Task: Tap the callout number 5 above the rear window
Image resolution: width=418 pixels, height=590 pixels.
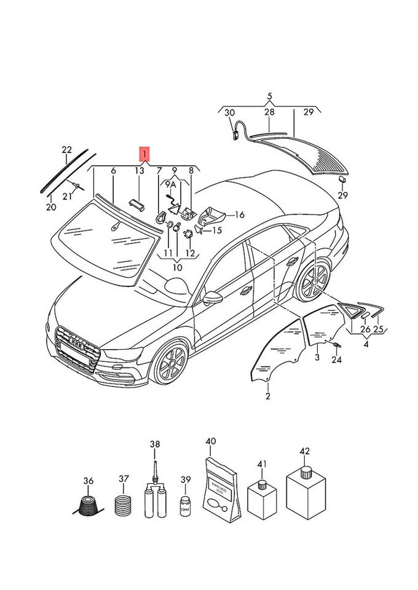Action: click(269, 96)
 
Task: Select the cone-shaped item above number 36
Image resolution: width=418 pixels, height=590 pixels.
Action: click(89, 506)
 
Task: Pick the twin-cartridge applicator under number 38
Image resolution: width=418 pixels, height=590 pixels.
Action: click(155, 498)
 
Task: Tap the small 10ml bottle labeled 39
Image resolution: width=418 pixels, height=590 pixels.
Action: click(185, 506)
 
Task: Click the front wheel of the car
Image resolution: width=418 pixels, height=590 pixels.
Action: click(168, 363)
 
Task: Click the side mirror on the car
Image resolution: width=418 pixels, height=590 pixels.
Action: click(213, 297)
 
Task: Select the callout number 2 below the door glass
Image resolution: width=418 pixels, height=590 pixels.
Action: click(268, 396)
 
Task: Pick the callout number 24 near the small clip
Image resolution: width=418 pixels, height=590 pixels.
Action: click(336, 360)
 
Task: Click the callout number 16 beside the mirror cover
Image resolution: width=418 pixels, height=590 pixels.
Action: click(240, 215)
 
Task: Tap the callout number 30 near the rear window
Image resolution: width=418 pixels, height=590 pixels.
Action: click(229, 112)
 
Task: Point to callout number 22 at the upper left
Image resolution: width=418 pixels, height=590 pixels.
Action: click(67, 150)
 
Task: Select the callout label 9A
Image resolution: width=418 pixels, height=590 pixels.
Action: click(170, 184)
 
